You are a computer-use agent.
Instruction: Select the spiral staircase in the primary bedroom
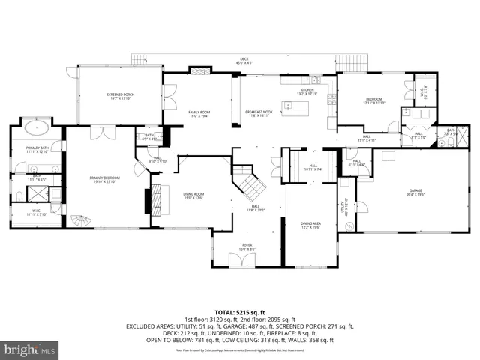click(82, 221)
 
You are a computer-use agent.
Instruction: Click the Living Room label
click(193, 196)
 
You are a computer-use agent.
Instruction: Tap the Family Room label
click(199, 113)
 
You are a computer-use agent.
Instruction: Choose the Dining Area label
click(311, 224)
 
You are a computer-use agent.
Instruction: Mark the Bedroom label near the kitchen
click(374, 100)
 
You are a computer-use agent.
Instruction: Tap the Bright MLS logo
click(30, 349)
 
